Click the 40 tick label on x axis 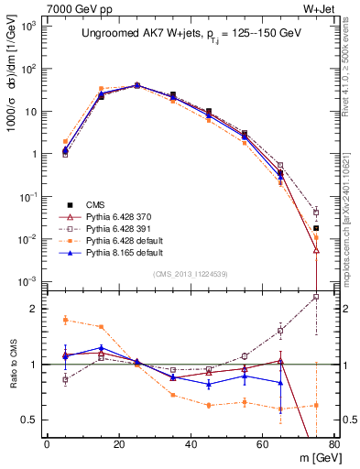click(191, 444)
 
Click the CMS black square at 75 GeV click(316, 228)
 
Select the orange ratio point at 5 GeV click(65, 320)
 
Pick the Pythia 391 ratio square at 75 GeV click(316, 297)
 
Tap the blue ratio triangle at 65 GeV click(280, 383)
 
